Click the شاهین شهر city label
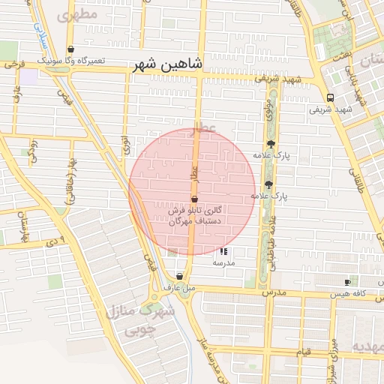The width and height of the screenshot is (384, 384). [x=168, y=65]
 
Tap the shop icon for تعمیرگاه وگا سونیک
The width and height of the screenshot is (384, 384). [x=70, y=49]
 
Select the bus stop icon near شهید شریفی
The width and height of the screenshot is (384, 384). [x=331, y=97]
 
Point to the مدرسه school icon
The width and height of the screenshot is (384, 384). [x=223, y=252]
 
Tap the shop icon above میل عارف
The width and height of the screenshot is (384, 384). [x=178, y=277]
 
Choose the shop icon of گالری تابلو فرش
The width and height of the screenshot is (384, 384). [x=195, y=199]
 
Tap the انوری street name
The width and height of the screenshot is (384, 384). [x=124, y=142]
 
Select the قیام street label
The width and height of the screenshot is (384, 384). [x=303, y=351]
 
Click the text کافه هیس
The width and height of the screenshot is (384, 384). [x=370, y=295]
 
